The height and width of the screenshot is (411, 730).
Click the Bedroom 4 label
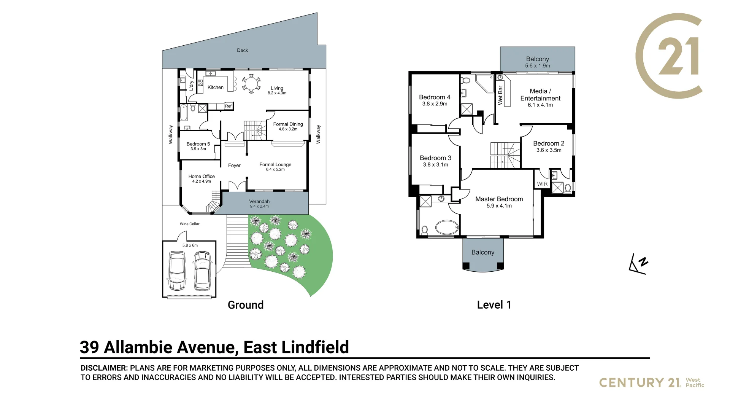coord(435,97)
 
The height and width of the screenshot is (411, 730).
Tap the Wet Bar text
coord(500,95)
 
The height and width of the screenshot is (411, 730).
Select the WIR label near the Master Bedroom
coord(542,184)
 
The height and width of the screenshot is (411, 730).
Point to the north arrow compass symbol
coord(638,264)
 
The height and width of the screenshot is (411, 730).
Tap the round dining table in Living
coord(251,84)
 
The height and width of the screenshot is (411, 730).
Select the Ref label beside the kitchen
coord(228,106)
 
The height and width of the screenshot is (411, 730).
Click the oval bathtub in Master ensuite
coord(447,228)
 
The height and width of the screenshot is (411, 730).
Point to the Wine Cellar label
coord(189,224)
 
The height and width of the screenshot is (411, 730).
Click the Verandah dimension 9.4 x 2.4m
coord(259,207)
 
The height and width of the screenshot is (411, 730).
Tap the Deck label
coord(242,50)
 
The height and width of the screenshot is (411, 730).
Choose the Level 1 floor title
coord(494,305)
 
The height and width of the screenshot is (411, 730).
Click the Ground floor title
coord(245,305)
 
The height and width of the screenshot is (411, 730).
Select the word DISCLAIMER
coord(104,368)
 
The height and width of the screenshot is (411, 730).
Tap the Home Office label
coord(202,177)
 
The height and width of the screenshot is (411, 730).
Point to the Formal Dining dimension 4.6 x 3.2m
coord(288,129)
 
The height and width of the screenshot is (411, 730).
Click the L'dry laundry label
coord(192,86)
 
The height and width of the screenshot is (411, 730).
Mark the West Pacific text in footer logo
coord(695,382)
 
